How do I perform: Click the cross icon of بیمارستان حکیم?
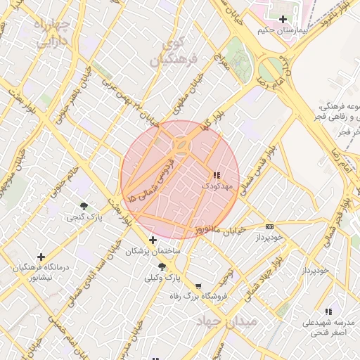point(283,19)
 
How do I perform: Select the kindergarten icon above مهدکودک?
point(215,174)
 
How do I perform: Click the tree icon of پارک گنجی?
point(84,206)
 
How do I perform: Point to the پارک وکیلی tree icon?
point(162,266)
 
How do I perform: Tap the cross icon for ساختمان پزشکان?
point(153,240)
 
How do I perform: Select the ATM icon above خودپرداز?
point(270,226)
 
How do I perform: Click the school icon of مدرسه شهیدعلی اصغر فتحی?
point(328,311)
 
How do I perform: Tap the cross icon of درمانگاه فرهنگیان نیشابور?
point(41,257)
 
